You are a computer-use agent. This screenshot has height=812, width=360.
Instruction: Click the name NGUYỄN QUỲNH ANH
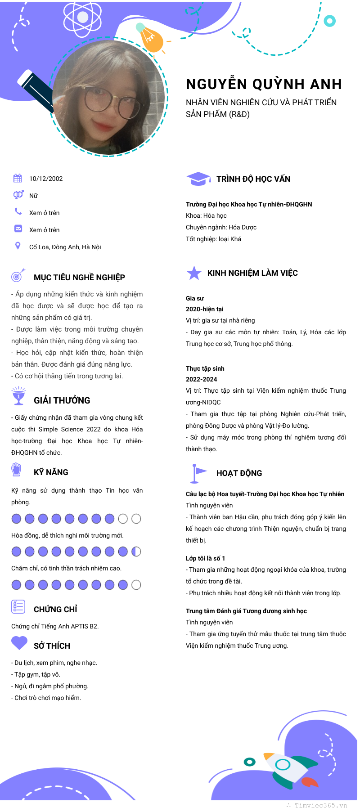(264, 84)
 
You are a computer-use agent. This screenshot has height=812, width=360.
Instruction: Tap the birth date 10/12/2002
(46, 179)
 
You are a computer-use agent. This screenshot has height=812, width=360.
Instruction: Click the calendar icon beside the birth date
(18, 178)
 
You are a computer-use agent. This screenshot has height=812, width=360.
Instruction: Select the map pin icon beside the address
(18, 246)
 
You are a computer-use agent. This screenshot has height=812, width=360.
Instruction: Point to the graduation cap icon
(198, 179)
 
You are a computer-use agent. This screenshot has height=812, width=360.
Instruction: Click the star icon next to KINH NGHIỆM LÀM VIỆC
(194, 273)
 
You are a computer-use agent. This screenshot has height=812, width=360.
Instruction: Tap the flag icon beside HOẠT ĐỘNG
(198, 472)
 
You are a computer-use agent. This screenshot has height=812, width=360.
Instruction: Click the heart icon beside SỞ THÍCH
(19, 642)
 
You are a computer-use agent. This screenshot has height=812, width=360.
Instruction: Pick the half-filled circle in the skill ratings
(136, 552)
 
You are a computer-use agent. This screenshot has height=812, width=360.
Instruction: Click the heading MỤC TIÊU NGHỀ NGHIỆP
(79, 278)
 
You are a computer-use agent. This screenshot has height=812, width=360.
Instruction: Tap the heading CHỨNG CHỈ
(55, 610)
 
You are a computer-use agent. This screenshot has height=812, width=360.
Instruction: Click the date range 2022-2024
(202, 379)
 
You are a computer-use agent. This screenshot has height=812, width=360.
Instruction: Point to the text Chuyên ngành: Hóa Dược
(221, 227)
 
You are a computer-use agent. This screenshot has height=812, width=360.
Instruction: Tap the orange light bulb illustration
(151, 39)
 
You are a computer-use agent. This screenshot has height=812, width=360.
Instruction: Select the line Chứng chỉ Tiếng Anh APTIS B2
(55, 626)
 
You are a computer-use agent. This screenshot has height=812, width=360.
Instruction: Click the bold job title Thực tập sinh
(205, 368)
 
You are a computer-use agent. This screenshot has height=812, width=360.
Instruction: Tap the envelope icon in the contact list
(18, 229)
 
